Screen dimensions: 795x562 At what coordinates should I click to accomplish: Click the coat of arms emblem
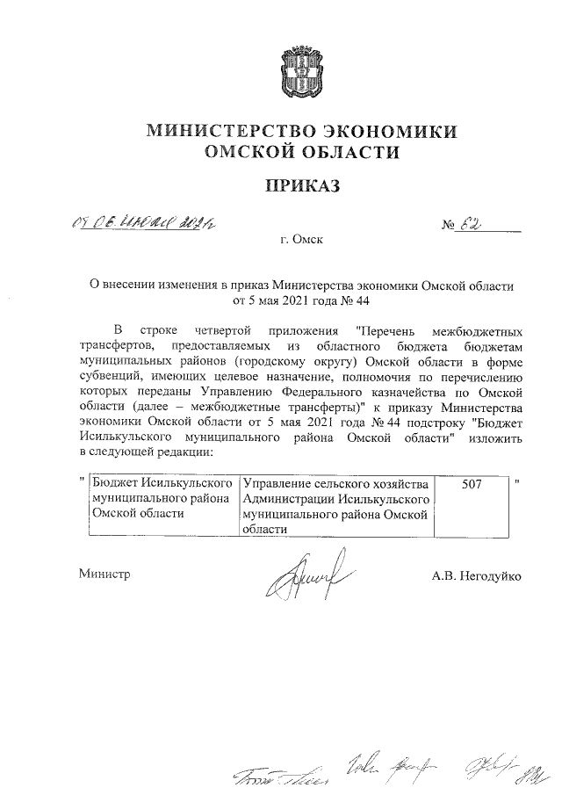pyautogui.click(x=301, y=76)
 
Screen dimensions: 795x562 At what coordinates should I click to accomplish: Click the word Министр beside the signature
pyautogui.click(x=104, y=574)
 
